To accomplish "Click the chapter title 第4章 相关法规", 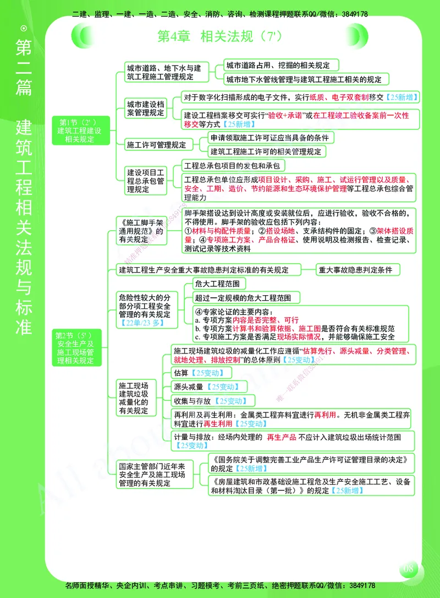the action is pos(220,36).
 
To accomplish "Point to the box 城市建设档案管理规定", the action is pos(145,108).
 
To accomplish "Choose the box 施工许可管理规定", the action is pos(156,145).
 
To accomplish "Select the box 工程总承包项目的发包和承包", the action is pos(234,165).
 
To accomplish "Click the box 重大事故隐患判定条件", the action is pos(358,270).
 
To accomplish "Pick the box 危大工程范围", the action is pos(218,284).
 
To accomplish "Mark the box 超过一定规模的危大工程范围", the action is pos(247,298).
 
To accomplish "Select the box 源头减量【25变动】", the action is pos(206,387).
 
